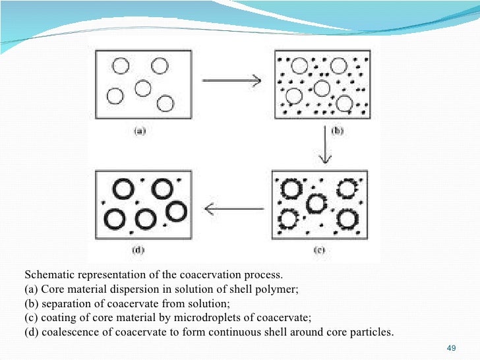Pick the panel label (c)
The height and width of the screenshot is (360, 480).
(318, 251)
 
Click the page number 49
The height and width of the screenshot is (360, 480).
(452, 347)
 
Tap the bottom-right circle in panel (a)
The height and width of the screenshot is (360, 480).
(165, 104)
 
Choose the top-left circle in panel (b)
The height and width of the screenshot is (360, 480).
(299, 66)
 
